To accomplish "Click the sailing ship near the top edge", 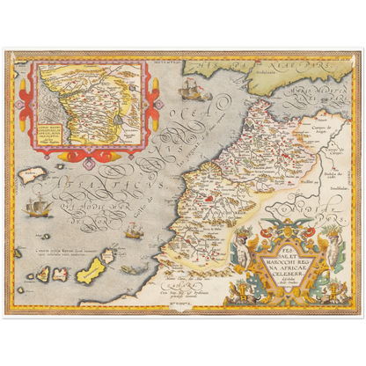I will coord(188,87).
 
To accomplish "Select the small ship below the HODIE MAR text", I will coord(133,231).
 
